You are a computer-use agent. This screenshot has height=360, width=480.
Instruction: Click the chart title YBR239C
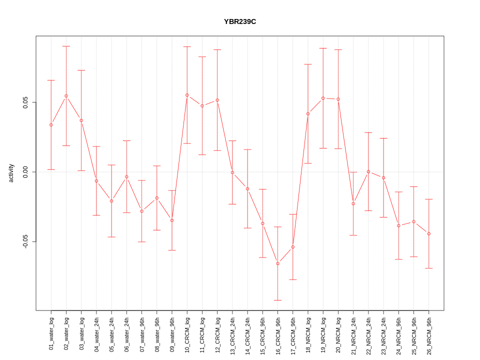tap(240, 22)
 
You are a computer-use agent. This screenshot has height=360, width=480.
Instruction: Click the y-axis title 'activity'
tap(11, 173)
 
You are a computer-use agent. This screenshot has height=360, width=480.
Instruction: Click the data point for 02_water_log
tap(66, 96)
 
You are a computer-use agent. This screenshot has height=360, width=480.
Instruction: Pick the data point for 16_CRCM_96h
tap(277, 263)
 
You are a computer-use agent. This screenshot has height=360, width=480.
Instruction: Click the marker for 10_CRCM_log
tap(187, 95)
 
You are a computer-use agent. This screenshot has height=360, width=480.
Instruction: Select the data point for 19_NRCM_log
tap(323, 98)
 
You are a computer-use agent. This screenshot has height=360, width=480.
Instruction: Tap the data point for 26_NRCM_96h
tap(428, 233)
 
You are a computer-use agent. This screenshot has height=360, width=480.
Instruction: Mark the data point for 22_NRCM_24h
tap(368, 171)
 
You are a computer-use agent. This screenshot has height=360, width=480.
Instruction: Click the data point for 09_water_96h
tap(172, 220)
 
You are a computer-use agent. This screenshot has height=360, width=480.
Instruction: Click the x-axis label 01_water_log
tap(51, 332)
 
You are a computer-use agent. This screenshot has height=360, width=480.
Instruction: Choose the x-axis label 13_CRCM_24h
tap(232, 332)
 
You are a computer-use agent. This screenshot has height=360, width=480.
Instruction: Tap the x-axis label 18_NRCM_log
tap(308, 332)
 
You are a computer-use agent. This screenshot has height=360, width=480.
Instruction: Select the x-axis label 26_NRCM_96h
tap(428, 332)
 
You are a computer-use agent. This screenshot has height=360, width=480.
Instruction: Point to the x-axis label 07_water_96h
tap(141, 332)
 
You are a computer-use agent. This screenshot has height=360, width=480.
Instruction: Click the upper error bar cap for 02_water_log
tap(66, 46)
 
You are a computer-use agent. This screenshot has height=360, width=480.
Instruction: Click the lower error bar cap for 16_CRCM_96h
tap(277, 300)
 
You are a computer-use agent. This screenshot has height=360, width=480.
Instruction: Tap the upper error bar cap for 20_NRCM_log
tap(338, 50)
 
